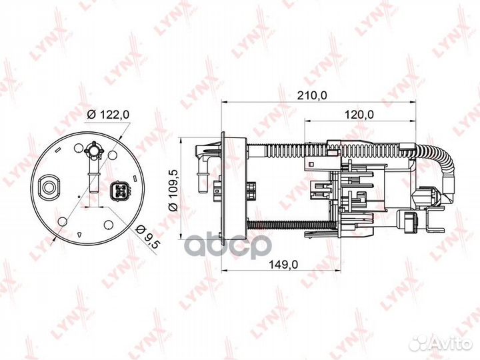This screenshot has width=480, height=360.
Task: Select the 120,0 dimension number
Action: click(x=359, y=115)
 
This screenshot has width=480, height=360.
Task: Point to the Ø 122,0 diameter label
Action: click(x=108, y=115)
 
